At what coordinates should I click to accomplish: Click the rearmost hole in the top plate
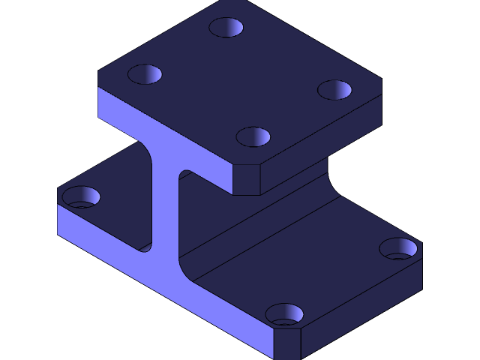[x=226, y=28]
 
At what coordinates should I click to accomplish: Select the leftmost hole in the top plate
[x=145, y=74]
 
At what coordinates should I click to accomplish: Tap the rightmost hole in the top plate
[x=334, y=90]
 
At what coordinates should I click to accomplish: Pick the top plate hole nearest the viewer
[x=253, y=137]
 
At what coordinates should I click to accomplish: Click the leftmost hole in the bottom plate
[x=80, y=197]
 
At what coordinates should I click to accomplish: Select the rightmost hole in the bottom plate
[x=398, y=248]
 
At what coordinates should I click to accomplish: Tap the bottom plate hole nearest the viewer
[x=284, y=314]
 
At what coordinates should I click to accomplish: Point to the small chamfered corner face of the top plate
[x=246, y=180]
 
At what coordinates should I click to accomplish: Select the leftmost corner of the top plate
[x=98, y=73]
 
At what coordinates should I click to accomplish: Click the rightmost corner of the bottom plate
[x=422, y=244]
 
